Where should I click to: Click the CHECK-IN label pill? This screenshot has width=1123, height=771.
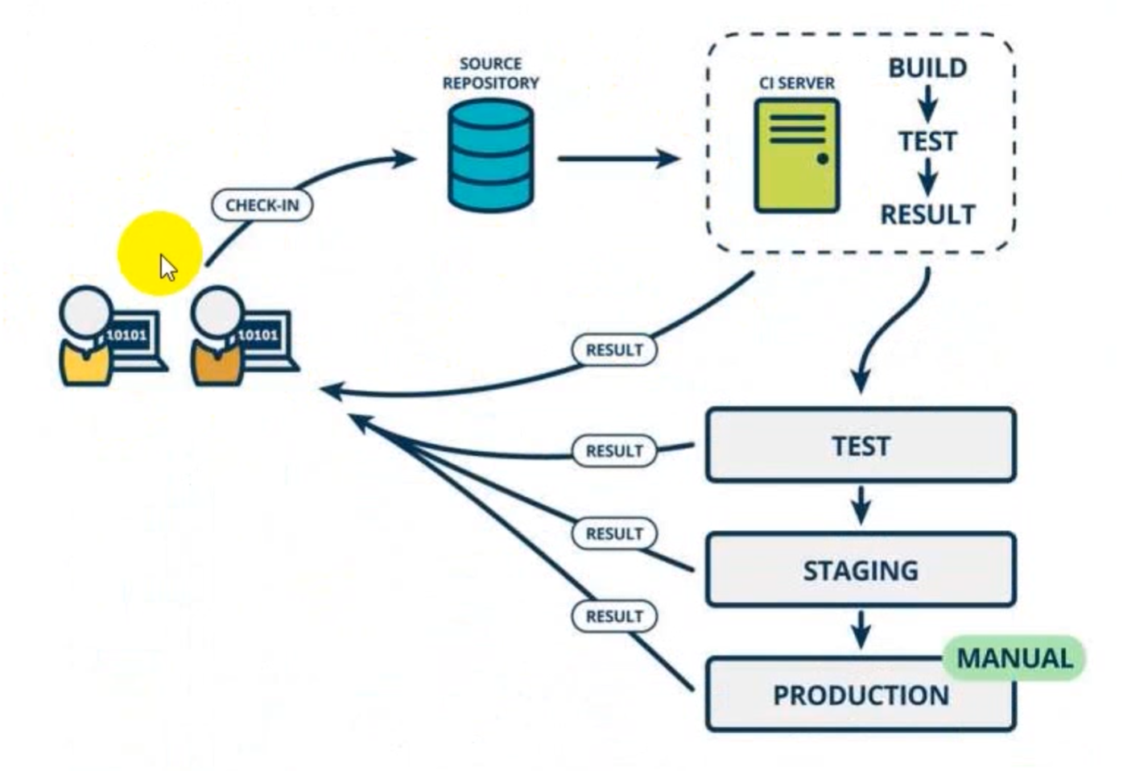pyautogui.click(x=262, y=205)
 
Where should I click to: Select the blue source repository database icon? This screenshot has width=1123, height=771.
pyautogui.click(x=490, y=155)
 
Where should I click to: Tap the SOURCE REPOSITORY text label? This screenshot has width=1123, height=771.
pyautogui.click(x=490, y=73)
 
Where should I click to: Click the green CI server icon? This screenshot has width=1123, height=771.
pyautogui.click(x=796, y=155)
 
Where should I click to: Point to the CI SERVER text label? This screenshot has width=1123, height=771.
pyautogui.click(x=796, y=83)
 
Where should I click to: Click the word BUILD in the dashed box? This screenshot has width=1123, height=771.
pyautogui.click(x=927, y=68)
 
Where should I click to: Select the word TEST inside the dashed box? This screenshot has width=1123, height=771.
pyautogui.click(x=927, y=141)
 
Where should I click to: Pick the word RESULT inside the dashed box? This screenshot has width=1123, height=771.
pyautogui.click(x=927, y=214)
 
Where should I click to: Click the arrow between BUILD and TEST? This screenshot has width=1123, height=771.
pyautogui.click(x=927, y=103)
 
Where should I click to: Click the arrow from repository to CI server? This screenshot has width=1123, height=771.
pyautogui.click(x=617, y=158)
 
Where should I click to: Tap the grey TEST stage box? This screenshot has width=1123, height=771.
pyautogui.click(x=861, y=446)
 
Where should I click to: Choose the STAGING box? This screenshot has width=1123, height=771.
pyautogui.click(x=861, y=570)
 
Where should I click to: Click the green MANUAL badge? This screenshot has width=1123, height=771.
pyautogui.click(x=1014, y=658)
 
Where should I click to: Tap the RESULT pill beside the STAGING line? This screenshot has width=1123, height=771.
pyautogui.click(x=614, y=533)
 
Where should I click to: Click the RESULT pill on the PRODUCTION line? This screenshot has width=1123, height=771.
pyautogui.click(x=614, y=616)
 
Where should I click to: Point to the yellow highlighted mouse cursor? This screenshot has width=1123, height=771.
pyautogui.click(x=166, y=266)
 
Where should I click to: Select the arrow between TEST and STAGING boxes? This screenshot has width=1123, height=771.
pyautogui.click(x=861, y=505)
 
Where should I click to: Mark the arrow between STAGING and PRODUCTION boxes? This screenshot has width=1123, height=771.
pyautogui.click(x=861, y=629)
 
